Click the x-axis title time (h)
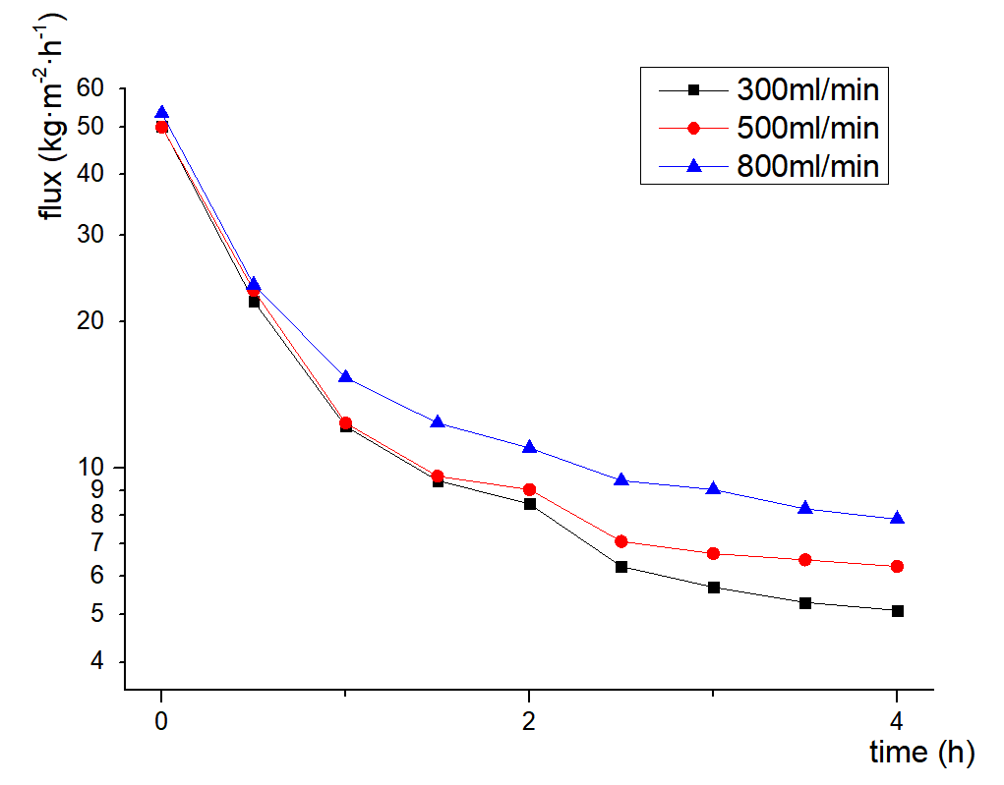[921, 753]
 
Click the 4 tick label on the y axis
[96, 661]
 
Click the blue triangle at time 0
[161, 113]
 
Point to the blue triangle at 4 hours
[897, 518]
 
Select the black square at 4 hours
[897, 611]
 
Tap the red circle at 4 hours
[897, 567]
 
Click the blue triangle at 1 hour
[345, 376]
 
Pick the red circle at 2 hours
[529, 489]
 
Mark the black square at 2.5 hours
[620, 567]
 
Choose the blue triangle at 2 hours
[529, 447]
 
